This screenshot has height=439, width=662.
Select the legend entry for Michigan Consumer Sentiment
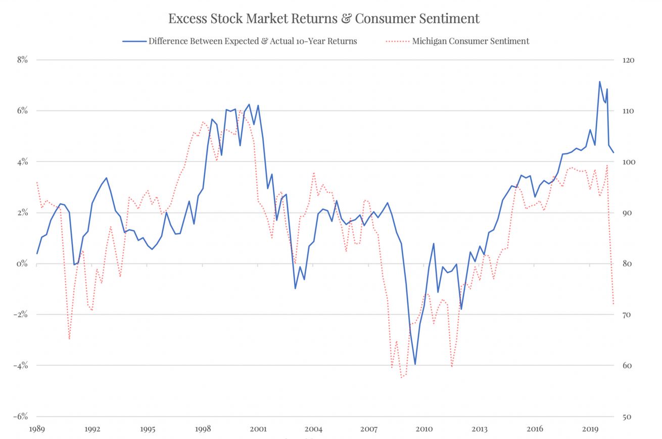coord(470,41)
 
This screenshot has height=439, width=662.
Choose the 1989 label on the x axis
coord(37,429)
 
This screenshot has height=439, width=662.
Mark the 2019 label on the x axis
coord(590,429)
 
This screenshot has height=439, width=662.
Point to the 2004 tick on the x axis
coord(313,429)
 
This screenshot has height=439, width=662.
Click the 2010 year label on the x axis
coord(424,429)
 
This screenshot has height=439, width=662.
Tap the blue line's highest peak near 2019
coord(599,82)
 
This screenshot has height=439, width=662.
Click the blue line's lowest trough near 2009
coord(415,364)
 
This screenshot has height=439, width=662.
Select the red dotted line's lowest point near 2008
coord(402,377)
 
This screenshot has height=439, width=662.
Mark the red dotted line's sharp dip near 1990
coord(69,339)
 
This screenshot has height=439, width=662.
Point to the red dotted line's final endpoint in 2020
coord(613,304)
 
